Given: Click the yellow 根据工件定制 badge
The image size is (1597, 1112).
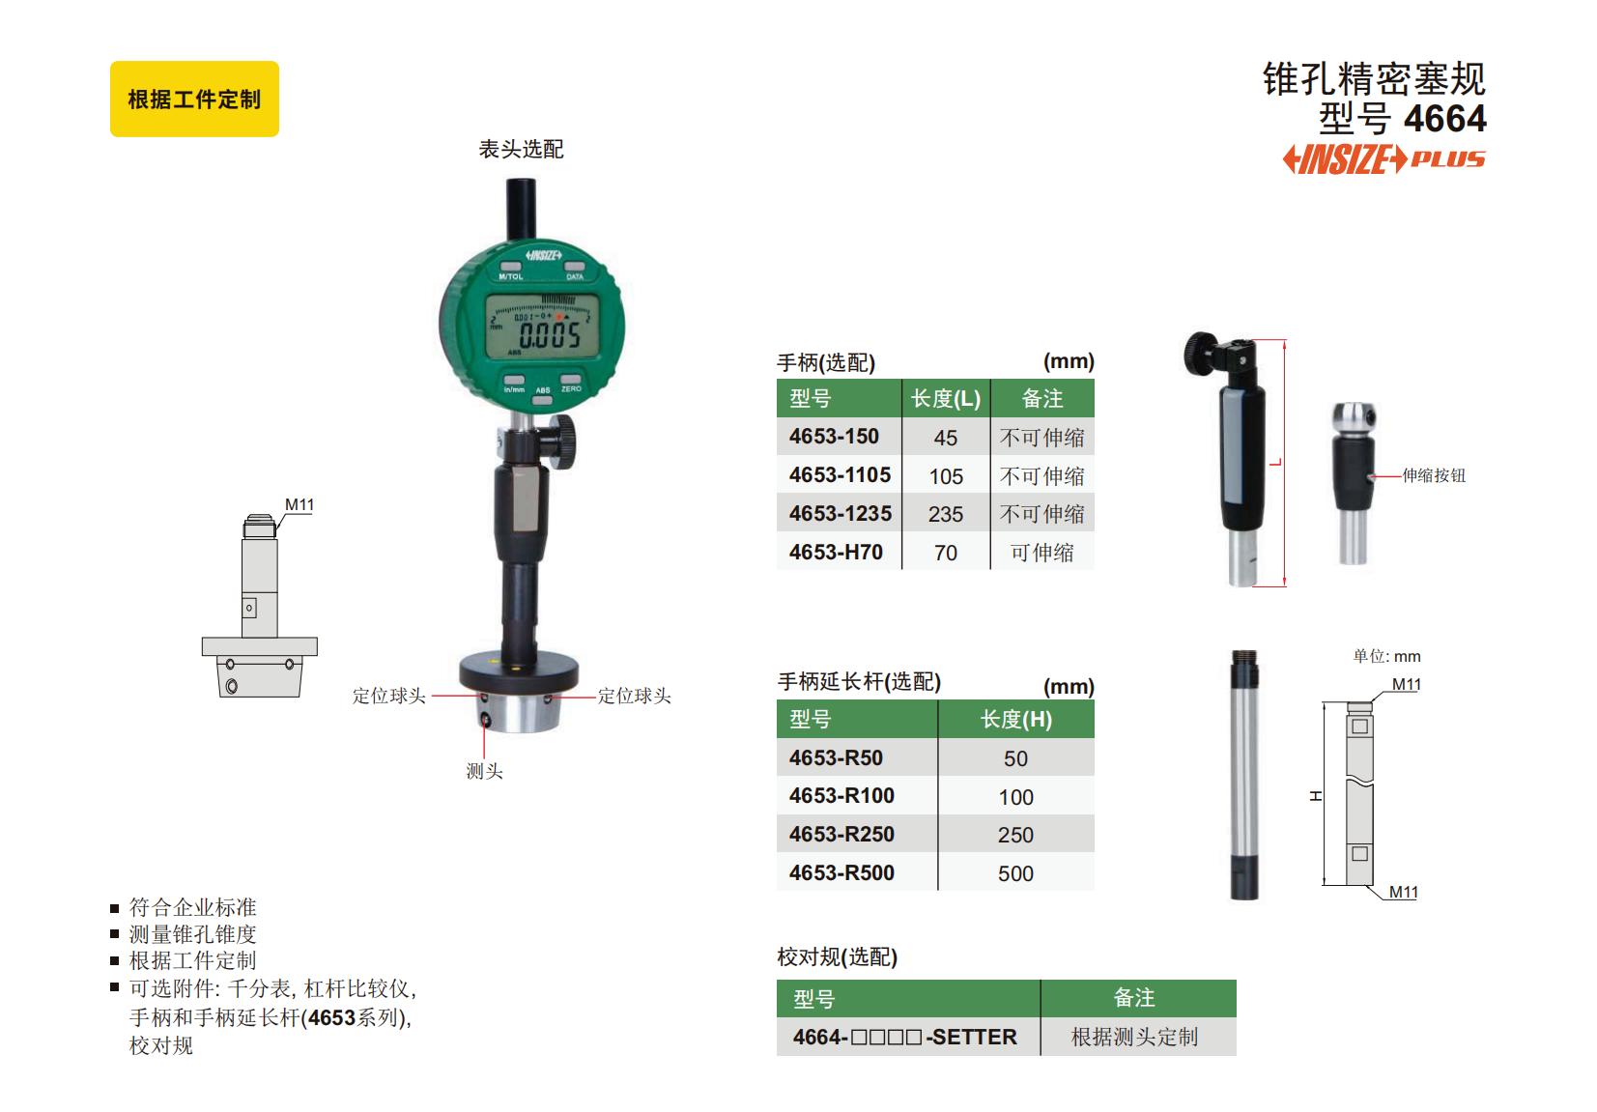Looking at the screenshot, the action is pos(194,100).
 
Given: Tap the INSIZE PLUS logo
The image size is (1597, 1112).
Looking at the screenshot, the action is pos(1383,159).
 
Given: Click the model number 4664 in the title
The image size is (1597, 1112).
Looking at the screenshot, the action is pos(1445,119).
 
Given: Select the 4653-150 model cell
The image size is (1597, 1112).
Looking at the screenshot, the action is pos(840,437).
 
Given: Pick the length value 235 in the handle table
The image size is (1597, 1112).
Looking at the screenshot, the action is pos(946,514).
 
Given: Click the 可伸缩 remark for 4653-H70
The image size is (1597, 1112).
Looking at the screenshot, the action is pos(1041,553).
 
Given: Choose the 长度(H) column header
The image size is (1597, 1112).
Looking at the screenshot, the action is pos(1016,719).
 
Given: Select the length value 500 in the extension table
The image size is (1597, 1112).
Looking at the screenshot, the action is pos(1015,873).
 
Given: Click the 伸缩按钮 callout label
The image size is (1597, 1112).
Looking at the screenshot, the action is pos(1434,475).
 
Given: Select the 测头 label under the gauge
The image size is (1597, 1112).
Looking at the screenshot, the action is pos(484,771).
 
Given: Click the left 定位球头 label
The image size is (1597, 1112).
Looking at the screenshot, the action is pos(388,696).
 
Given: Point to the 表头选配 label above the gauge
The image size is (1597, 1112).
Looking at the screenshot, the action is pos(521,149).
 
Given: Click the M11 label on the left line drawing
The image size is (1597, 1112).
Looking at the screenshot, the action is pos(299,504).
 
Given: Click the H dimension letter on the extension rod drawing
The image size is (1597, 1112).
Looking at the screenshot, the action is pos(1316,795).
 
